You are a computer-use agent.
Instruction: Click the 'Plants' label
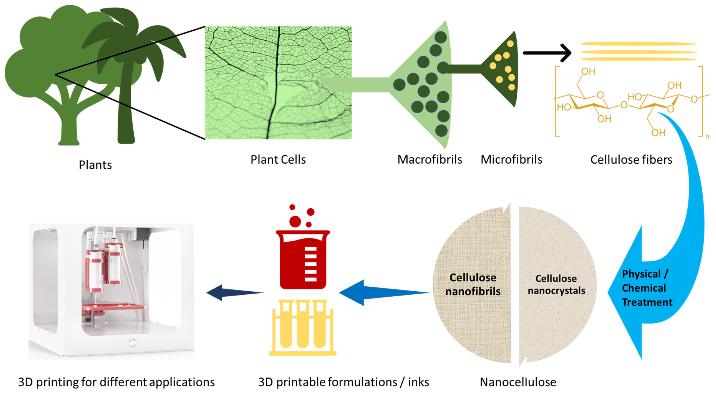(95, 165)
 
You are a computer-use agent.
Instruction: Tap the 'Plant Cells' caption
(278, 160)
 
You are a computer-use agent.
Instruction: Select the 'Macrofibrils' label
(429, 160)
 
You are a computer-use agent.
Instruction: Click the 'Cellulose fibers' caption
(631, 160)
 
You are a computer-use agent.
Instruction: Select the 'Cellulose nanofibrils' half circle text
(472, 284)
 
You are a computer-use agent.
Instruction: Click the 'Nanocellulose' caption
(518, 382)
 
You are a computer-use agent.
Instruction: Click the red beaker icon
(303, 259)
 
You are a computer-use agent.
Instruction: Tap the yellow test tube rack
(303, 328)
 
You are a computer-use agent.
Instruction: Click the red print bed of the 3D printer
(114, 307)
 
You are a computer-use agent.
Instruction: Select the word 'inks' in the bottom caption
(418, 382)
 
